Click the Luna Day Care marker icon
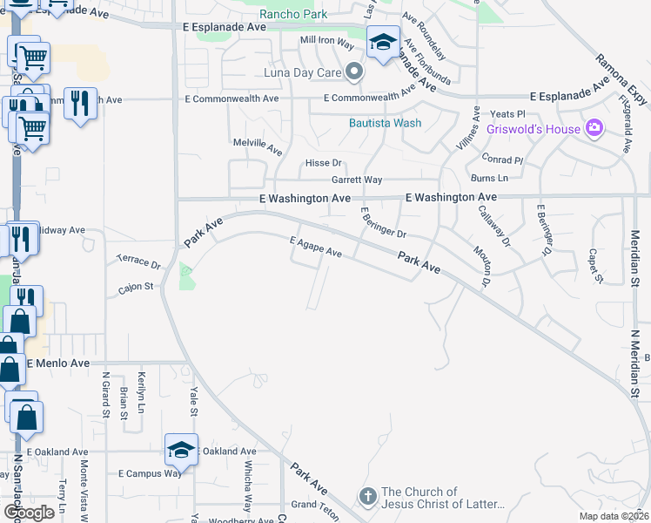(353, 71)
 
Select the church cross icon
(368, 497)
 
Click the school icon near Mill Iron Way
(382, 43)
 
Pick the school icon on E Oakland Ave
(181, 450)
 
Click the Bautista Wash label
(385, 123)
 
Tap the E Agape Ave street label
(315, 248)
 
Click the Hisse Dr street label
(323, 163)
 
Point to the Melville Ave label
(258, 146)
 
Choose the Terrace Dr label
(139, 261)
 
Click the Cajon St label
(136, 286)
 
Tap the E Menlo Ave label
(57, 363)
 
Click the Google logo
(30, 513)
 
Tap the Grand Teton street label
(314, 505)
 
